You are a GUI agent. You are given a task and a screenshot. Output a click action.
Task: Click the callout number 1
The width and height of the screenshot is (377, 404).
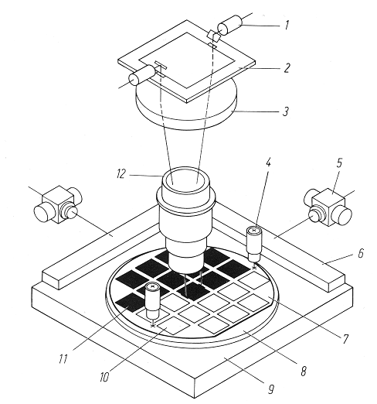(x=287, y=26)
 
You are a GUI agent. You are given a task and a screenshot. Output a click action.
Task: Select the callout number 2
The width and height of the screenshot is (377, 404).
(x=286, y=67)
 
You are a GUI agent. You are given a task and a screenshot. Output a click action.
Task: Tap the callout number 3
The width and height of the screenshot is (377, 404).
(x=286, y=111)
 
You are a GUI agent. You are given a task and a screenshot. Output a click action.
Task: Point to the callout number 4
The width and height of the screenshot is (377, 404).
(x=268, y=163)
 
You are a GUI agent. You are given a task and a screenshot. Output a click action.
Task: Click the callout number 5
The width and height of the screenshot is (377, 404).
(x=339, y=163)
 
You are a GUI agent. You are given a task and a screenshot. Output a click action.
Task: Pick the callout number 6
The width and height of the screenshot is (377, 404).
(x=361, y=253)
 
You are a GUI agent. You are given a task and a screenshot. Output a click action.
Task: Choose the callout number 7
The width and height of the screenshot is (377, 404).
(x=345, y=339)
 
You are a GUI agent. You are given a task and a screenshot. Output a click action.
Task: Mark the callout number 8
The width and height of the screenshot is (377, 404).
(x=304, y=371)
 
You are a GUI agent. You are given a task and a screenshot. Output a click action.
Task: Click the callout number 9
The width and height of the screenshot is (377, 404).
(x=270, y=389)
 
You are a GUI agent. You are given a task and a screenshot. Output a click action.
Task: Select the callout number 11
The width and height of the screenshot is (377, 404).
(x=63, y=359)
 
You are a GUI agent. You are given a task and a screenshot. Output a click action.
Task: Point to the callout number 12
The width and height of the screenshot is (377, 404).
(x=121, y=174)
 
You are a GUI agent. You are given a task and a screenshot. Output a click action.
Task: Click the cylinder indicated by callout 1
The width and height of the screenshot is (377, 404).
(x=229, y=25)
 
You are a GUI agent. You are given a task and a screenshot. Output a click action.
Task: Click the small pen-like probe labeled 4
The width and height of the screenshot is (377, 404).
(x=254, y=244)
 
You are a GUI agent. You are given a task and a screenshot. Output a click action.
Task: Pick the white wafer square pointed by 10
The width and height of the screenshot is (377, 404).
(x=173, y=326)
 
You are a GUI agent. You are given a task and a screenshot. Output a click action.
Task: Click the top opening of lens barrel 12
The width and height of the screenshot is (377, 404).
(x=185, y=179)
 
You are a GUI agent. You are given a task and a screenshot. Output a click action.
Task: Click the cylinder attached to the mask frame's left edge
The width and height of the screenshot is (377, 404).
(x=142, y=75)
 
